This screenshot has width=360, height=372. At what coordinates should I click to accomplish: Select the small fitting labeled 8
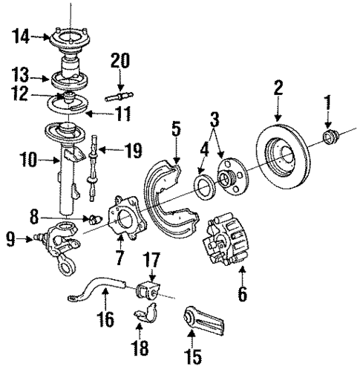click(x=94, y=220)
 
